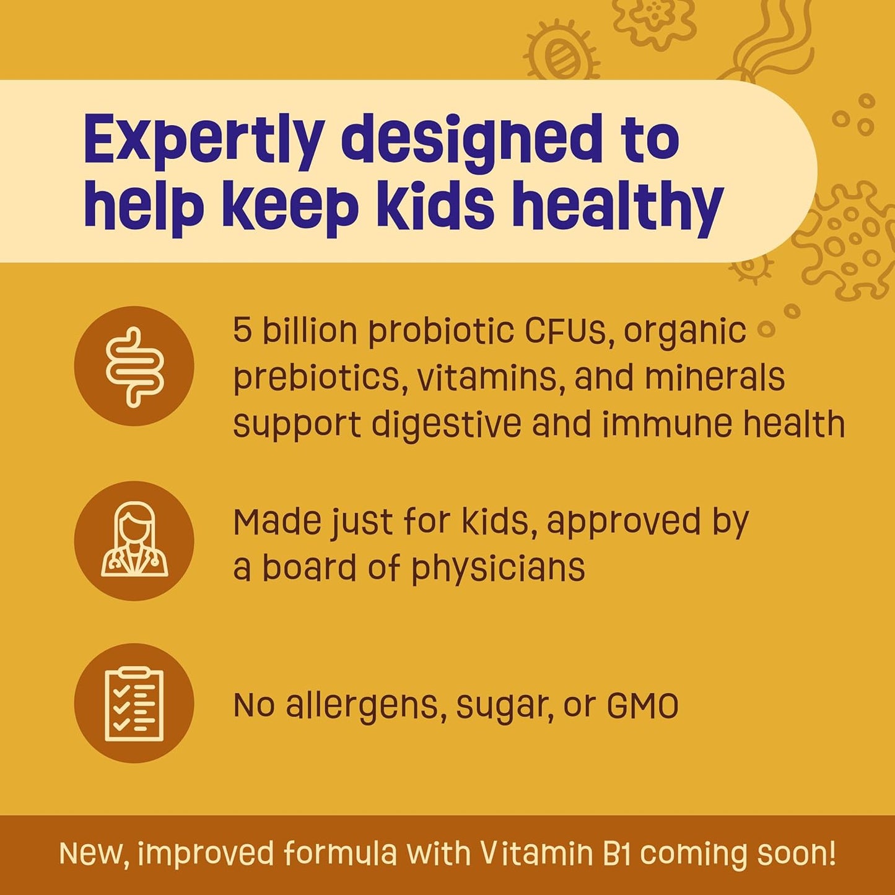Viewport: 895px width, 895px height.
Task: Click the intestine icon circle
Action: pyautogui.click(x=134, y=366)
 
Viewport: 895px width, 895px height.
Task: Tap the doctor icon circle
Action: pyautogui.click(x=134, y=541)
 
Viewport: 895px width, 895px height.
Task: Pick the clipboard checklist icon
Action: pyautogui.click(x=134, y=703)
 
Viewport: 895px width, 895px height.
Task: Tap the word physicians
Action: pyautogui.click(x=498, y=569)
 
